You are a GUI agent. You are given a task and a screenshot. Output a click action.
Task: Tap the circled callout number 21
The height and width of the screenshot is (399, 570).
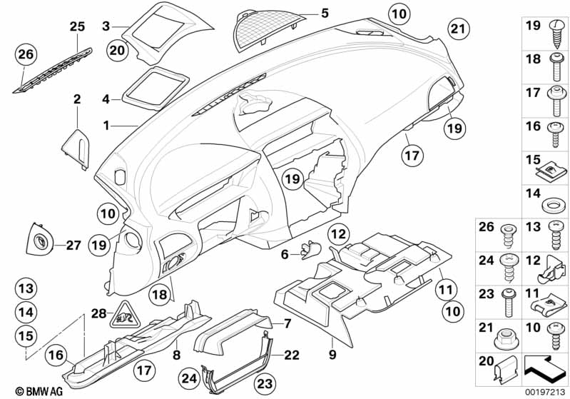[x=458, y=29]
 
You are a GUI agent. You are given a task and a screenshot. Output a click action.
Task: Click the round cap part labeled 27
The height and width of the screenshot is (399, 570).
[x=39, y=240]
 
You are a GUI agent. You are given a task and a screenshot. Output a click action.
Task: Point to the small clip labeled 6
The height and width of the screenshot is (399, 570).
[x=310, y=251]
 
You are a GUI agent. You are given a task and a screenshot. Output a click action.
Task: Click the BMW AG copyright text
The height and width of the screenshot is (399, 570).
[x=39, y=391]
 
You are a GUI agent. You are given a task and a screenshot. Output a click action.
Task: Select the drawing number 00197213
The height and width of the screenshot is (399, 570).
[x=546, y=392]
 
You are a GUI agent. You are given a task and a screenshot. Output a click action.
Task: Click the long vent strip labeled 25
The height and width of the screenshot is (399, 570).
[x=53, y=70]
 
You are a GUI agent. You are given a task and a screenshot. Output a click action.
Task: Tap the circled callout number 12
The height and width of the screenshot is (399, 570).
[x=339, y=234]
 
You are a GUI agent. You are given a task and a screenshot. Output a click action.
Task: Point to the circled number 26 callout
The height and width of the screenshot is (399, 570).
[x=26, y=54]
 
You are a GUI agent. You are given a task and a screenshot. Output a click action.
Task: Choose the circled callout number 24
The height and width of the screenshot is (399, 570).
[x=190, y=378]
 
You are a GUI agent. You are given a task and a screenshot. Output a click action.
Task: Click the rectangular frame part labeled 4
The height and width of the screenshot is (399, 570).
[x=156, y=89]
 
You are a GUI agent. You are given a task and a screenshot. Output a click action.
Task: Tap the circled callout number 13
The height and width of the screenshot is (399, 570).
[x=26, y=289]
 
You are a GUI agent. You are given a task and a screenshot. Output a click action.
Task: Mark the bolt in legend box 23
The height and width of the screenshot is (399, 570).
[x=507, y=303]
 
